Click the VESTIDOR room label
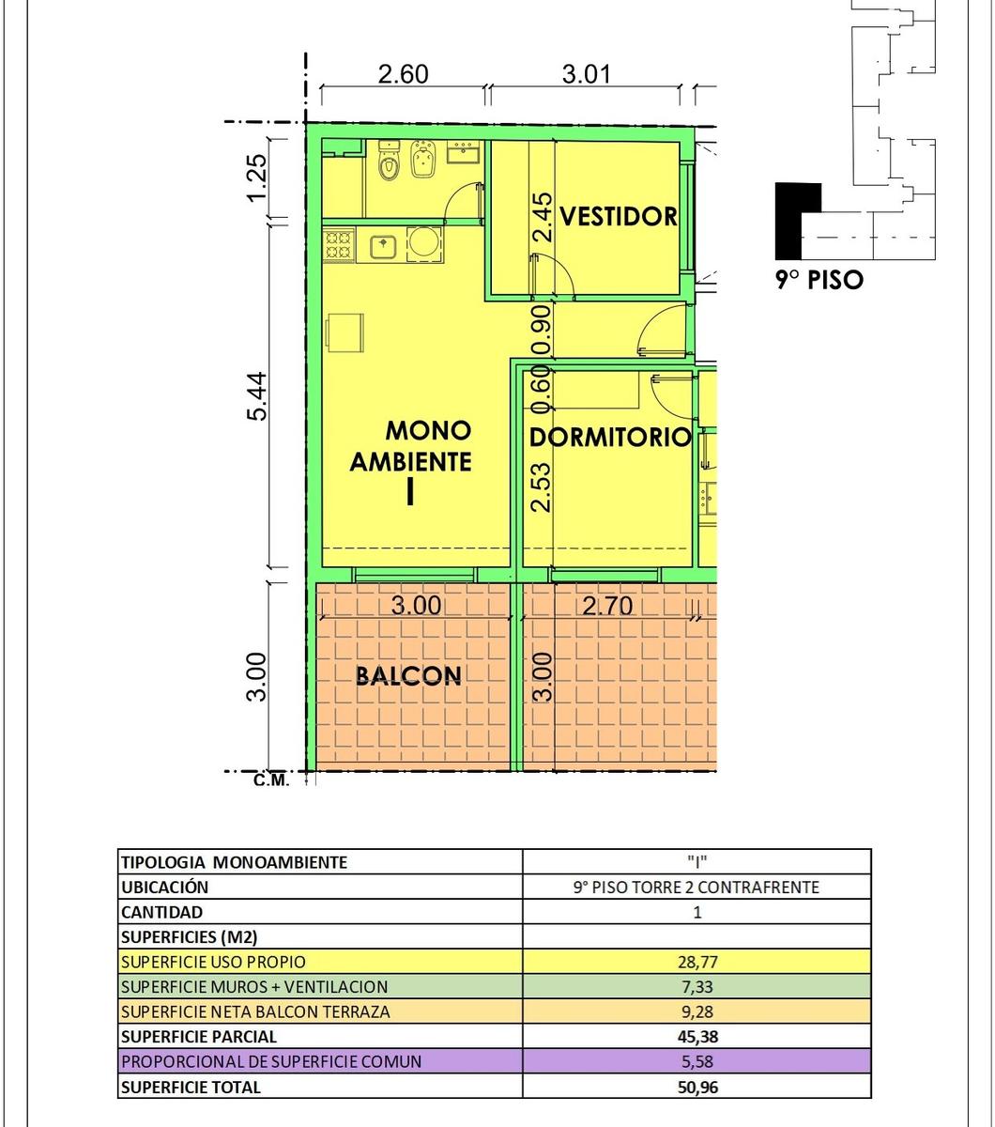click(x=618, y=216)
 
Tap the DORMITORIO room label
click(x=609, y=438)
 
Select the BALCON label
click(x=408, y=676)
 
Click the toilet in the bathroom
click(x=389, y=162)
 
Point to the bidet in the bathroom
click(x=422, y=161)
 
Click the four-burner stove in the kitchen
click(x=338, y=246)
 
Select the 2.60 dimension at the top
click(x=404, y=74)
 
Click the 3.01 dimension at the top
click(x=587, y=74)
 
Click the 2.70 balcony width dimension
click(x=607, y=606)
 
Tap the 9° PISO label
click(x=819, y=279)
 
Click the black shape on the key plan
click(x=789, y=221)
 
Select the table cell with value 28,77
click(x=696, y=961)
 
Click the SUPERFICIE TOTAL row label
click(x=191, y=1087)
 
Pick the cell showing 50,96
click(x=696, y=1087)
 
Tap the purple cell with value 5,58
click(x=696, y=1061)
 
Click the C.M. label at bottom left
click(x=271, y=781)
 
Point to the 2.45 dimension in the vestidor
click(x=543, y=218)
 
